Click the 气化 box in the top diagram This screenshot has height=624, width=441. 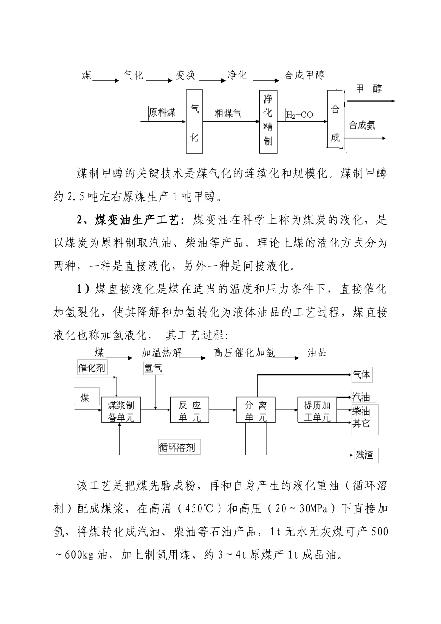click(195, 122)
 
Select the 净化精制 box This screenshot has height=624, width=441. click(268, 122)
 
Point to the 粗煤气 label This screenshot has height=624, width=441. click(227, 113)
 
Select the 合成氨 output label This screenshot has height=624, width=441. click(362, 125)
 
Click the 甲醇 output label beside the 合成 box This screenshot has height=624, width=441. click(369, 89)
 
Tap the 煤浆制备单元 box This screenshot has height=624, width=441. click(121, 410)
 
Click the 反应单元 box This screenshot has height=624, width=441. click(189, 410)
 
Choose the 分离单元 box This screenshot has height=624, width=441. click(256, 410)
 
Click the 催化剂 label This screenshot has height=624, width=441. click(91, 368)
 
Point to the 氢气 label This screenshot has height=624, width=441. click(153, 368)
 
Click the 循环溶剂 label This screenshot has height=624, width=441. click(176, 448)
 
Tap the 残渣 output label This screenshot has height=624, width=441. click(364, 455)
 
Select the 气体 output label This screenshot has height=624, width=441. click(362, 374)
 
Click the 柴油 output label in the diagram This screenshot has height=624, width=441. click(361, 410)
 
